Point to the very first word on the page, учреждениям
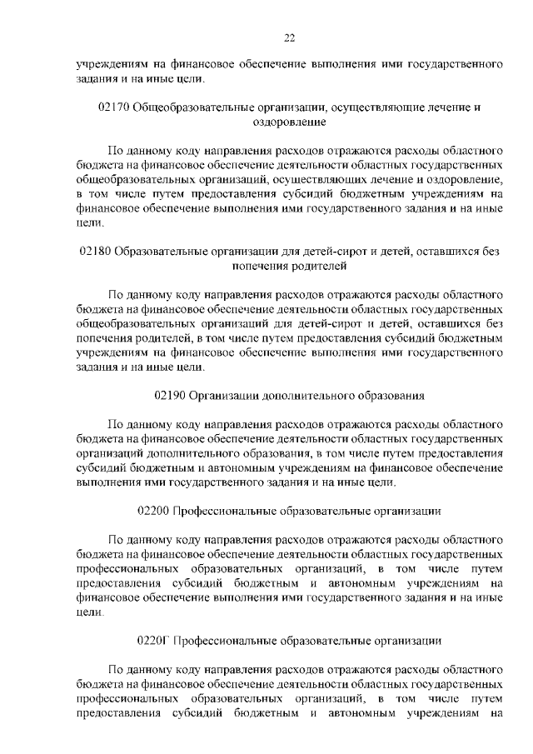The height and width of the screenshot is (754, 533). coord(108,64)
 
